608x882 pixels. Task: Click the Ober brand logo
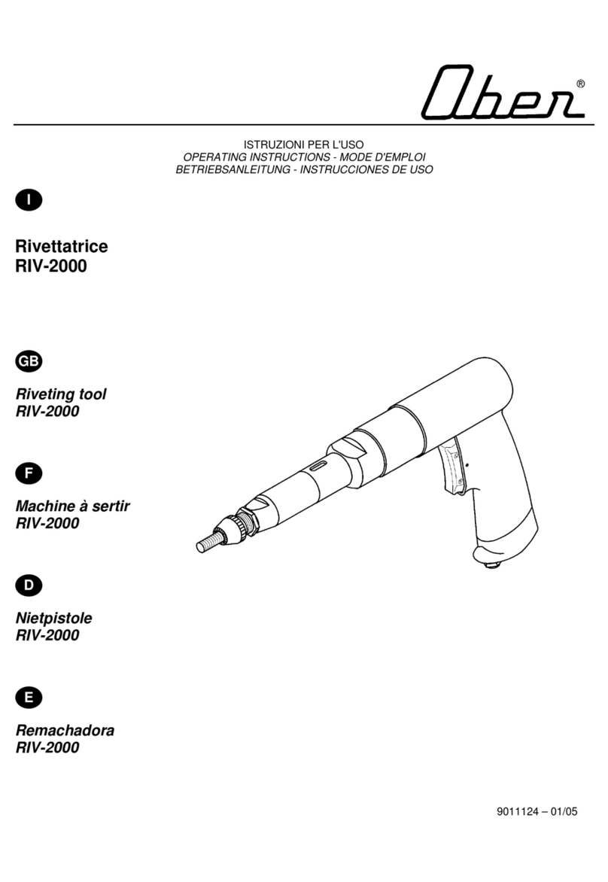coord(502,93)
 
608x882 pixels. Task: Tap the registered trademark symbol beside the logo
coord(580,84)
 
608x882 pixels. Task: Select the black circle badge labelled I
coord(29,199)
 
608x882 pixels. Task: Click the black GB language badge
coord(29,361)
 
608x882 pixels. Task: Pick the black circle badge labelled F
coord(29,473)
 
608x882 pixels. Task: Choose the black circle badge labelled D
coord(29,585)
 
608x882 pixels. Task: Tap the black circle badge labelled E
coord(29,698)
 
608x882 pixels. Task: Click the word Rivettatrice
coord(62,246)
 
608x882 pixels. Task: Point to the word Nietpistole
coord(54,618)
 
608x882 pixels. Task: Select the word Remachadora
coord(65,731)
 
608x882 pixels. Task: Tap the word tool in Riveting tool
coord(93,394)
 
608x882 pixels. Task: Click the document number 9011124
coord(518,812)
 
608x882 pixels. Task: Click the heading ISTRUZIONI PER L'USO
coord(304,144)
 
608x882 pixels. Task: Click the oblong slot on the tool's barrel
coord(318,464)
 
